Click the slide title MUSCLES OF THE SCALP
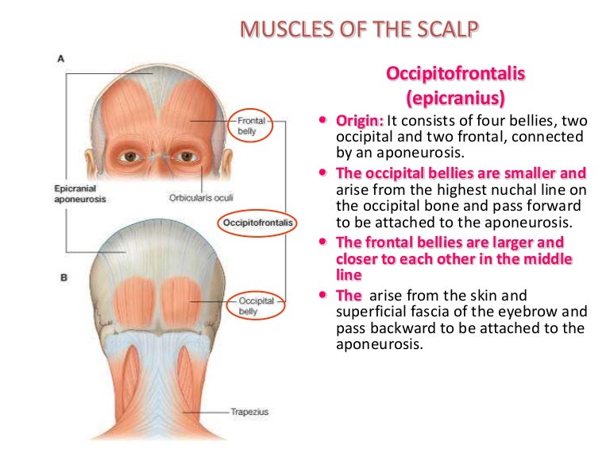tap(359, 29)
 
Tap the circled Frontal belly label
tap(251, 126)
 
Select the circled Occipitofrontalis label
tap(257, 223)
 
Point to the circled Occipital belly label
tap(256, 306)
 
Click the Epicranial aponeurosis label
tap(79, 193)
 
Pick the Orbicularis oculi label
tap(201, 197)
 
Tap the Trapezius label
tap(249, 412)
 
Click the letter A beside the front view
tap(60, 59)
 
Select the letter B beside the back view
tap(64, 278)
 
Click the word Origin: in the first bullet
tap(360, 121)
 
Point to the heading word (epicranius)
tap(456, 98)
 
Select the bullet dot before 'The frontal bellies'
tap(322, 242)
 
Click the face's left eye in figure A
tap(187, 156)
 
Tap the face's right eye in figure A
tap(129, 157)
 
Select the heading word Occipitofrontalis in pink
tap(456, 73)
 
